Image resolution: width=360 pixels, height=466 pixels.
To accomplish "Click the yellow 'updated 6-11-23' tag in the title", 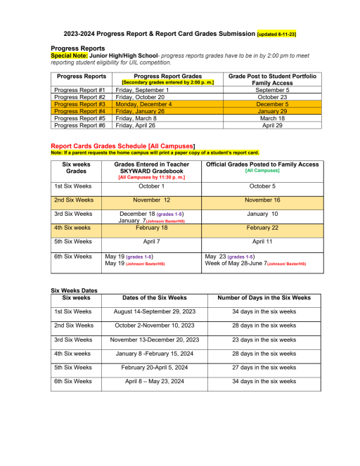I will coord(276,34).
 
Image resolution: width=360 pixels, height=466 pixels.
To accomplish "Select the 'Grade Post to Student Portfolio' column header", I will coord(273,75).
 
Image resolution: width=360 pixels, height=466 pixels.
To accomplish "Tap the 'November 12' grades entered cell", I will coord(152,200).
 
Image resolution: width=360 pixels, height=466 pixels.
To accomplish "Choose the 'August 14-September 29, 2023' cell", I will coord(155,311).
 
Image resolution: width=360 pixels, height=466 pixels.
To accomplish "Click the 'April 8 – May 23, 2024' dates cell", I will coord(155,381).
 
